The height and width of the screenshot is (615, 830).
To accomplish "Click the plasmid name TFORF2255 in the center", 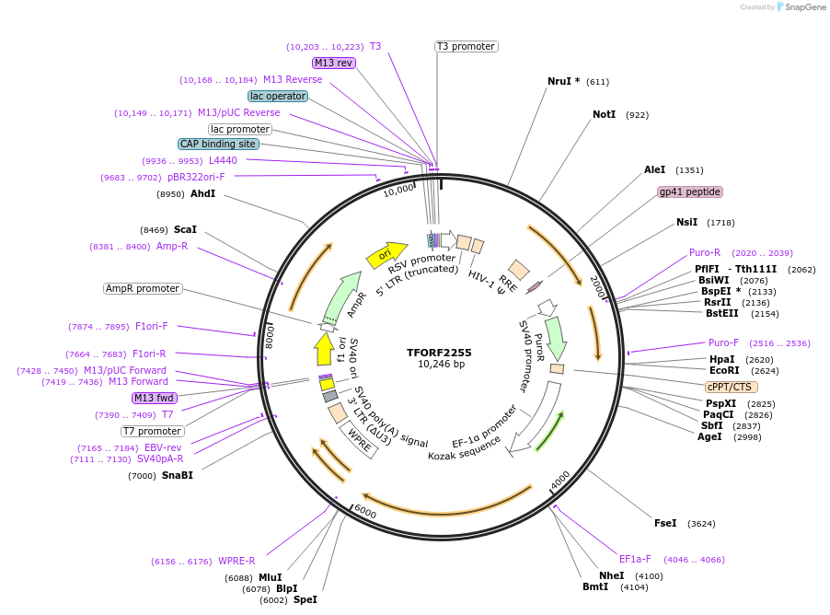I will point(440,352).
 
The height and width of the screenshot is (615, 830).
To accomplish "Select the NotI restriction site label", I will point(604,115).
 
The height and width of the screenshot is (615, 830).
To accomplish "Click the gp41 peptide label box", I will point(690,192).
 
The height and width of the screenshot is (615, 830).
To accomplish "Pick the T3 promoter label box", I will point(466,46).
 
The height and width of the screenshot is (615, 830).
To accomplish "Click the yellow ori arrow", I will point(386,253).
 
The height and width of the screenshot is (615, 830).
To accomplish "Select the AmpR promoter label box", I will point(143,288).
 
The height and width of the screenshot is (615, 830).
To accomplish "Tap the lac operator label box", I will point(278,96).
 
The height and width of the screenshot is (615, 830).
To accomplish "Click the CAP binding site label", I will point(218,145).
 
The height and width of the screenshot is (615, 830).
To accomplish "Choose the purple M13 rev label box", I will point(333,63).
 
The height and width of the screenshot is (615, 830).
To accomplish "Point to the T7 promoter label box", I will point(153,431).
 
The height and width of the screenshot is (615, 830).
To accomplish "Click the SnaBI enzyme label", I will point(178,475).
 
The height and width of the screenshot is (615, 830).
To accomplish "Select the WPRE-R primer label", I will point(236,561).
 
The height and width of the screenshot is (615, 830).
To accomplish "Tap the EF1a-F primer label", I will point(635,559).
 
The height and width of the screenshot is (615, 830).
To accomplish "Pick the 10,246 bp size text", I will point(441,365).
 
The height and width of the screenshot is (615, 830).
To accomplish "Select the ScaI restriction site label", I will point(185,229).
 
